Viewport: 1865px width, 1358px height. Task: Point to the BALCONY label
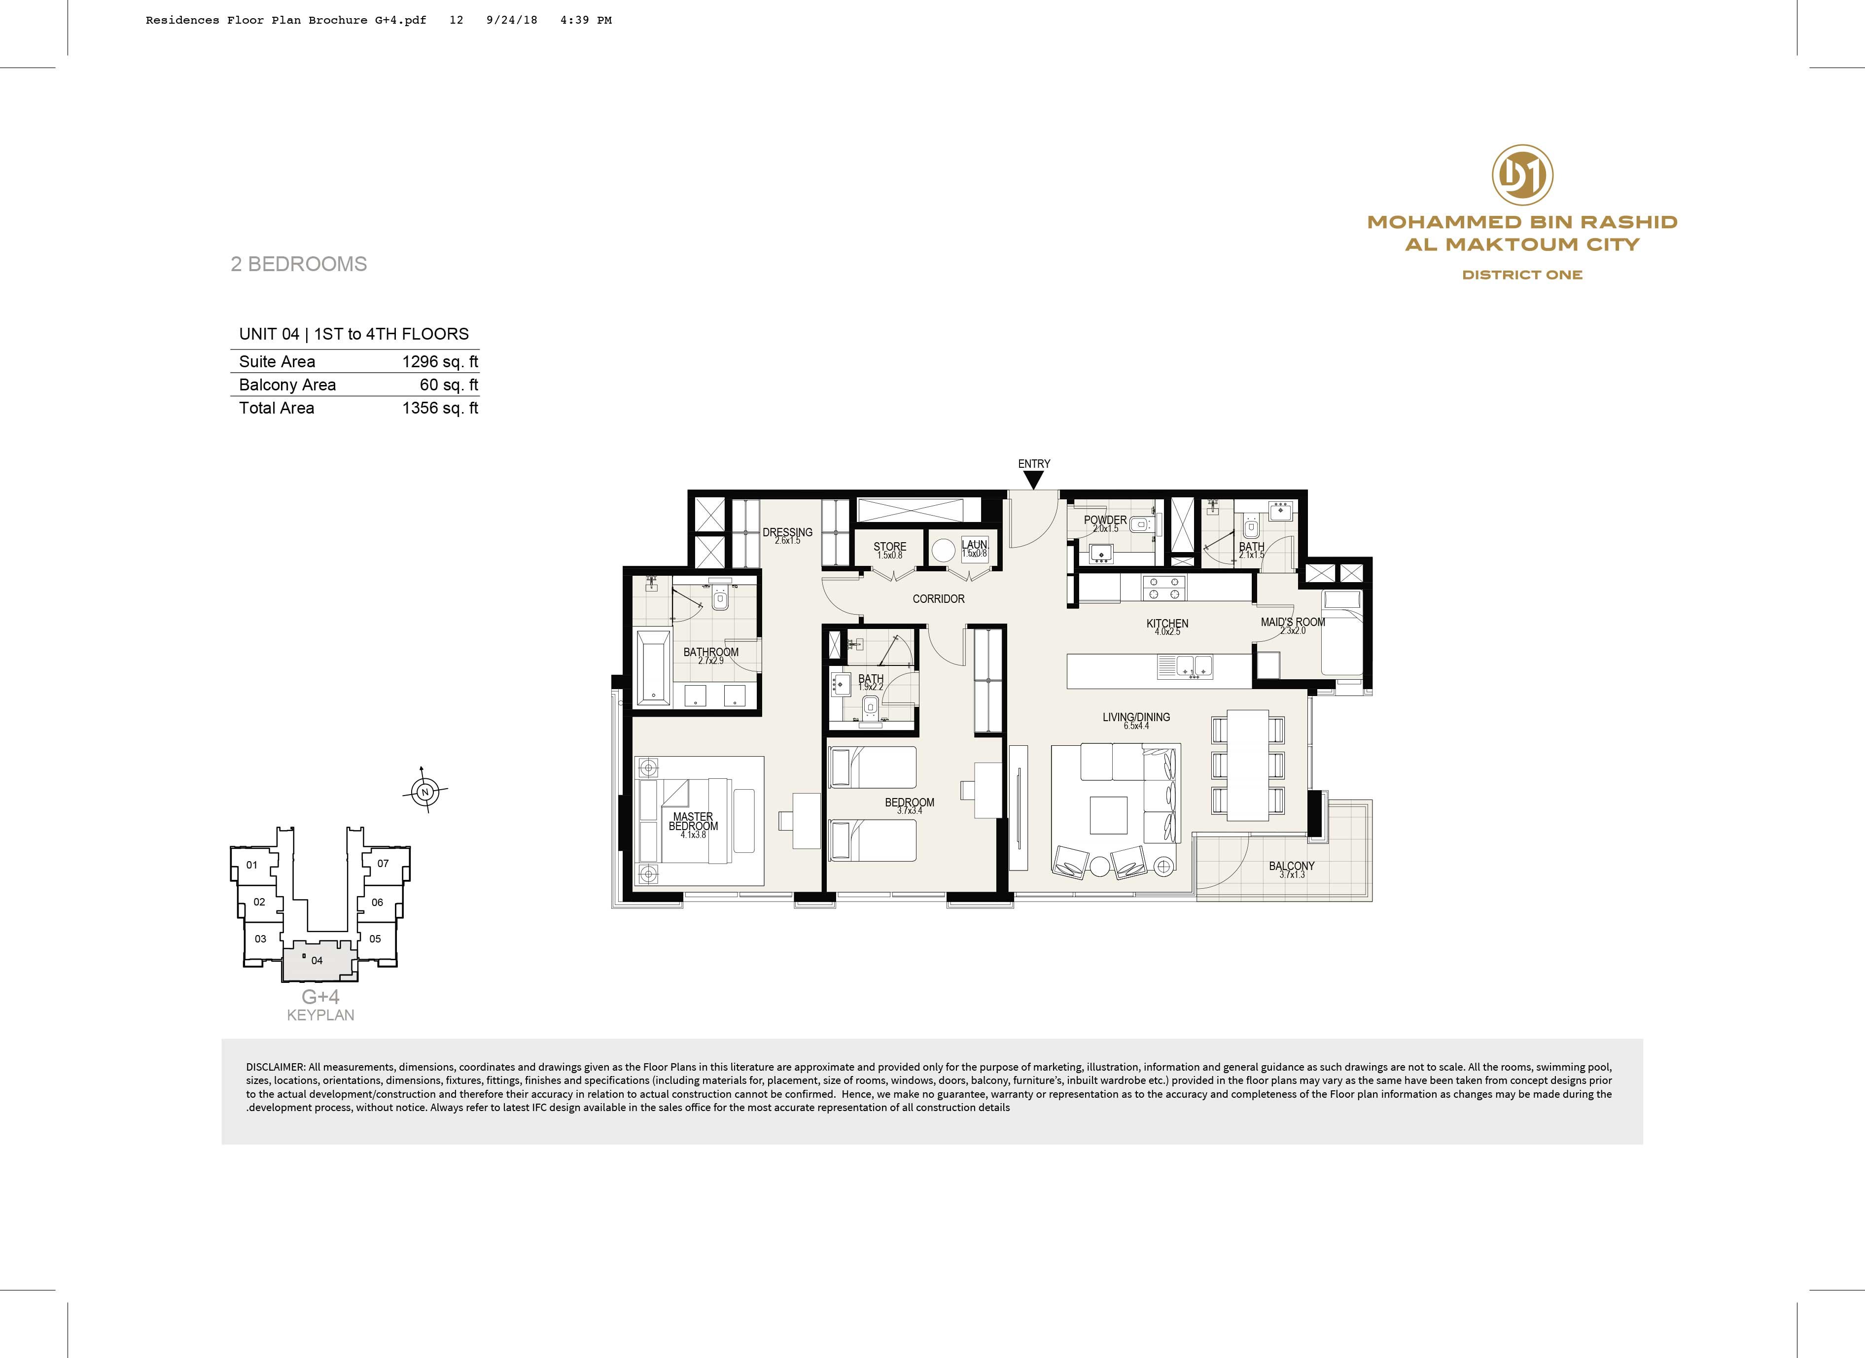(1291, 866)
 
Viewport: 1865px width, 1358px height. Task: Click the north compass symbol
(425, 792)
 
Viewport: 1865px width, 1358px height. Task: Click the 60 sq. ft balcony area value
(449, 384)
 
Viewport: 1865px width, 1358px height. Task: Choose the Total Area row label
(276, 408)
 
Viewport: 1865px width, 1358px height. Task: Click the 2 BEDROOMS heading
(298, 264)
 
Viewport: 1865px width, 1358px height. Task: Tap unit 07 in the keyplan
(383, 863)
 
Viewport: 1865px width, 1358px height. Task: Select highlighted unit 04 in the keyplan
(317, 960)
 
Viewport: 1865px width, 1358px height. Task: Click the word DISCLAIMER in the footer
(276, 1067)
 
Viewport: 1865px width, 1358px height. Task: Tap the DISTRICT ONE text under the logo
(1522, 275)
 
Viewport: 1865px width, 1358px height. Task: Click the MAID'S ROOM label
(1293, 622)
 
